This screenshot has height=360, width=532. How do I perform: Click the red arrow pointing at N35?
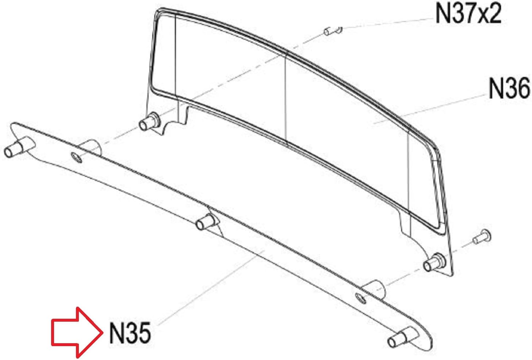click(x=77, y=333)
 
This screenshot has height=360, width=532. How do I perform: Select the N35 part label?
click(x=130, y=333)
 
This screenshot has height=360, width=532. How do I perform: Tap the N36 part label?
click(x=509, y=89)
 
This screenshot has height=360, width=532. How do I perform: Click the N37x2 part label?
click(x=468, y=14)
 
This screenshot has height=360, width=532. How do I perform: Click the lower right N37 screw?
click(x=482, y=237)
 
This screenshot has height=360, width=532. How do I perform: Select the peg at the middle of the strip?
click(x=206, y=222)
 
